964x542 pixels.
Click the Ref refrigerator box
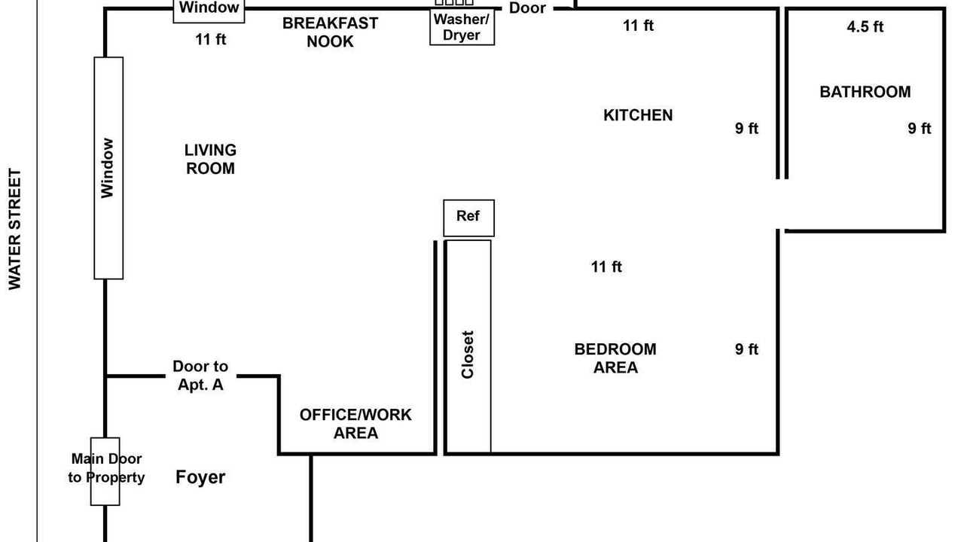tap(468, 218)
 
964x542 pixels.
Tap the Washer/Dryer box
tap(462, 26)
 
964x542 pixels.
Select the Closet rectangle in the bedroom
tap(468, 347)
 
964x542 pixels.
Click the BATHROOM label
tap(865, 92)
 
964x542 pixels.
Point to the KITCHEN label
tap(638, 115)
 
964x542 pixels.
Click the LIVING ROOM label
tap(210, 159)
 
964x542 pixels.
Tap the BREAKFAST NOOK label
tap(330, 32)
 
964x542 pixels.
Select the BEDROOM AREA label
tap(615, 358)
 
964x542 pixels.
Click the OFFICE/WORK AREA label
tap(355, 424)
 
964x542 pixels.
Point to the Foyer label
tap(200, 477)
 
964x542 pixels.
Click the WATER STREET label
tap(14, 229)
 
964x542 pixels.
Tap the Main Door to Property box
tap(105, 471)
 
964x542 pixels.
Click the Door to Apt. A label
tap(200, 376)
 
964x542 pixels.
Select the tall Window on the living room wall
tap(108, 168)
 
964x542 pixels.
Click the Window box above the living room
tap(209, 10)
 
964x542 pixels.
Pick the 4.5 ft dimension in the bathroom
tap(865, 26)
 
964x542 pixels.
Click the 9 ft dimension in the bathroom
tap(920, 128)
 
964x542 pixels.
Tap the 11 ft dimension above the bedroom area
tap(606, 266)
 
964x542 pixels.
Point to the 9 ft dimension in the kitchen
tap(746, 128)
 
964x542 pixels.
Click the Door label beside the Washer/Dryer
tap(527, 8)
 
